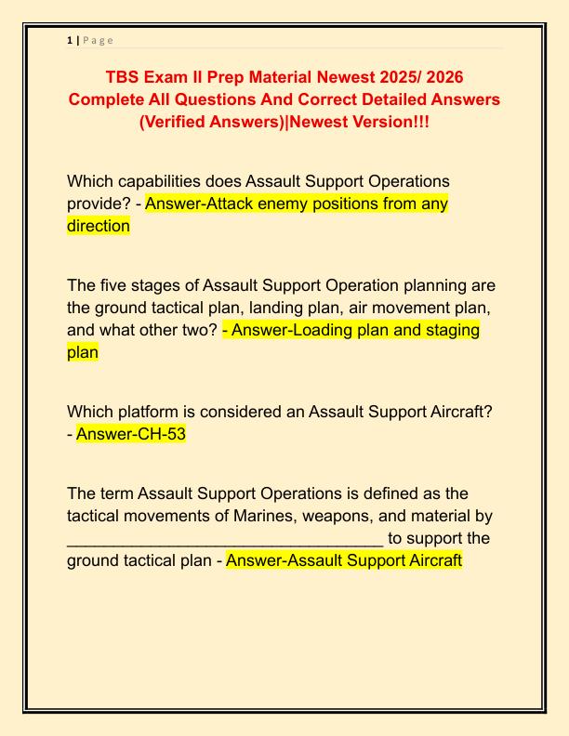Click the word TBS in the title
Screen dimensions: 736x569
point(126,76)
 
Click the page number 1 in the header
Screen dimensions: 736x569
point(71,40)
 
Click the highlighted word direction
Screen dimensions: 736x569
point(98,226)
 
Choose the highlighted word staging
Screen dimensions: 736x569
point(446,330)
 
